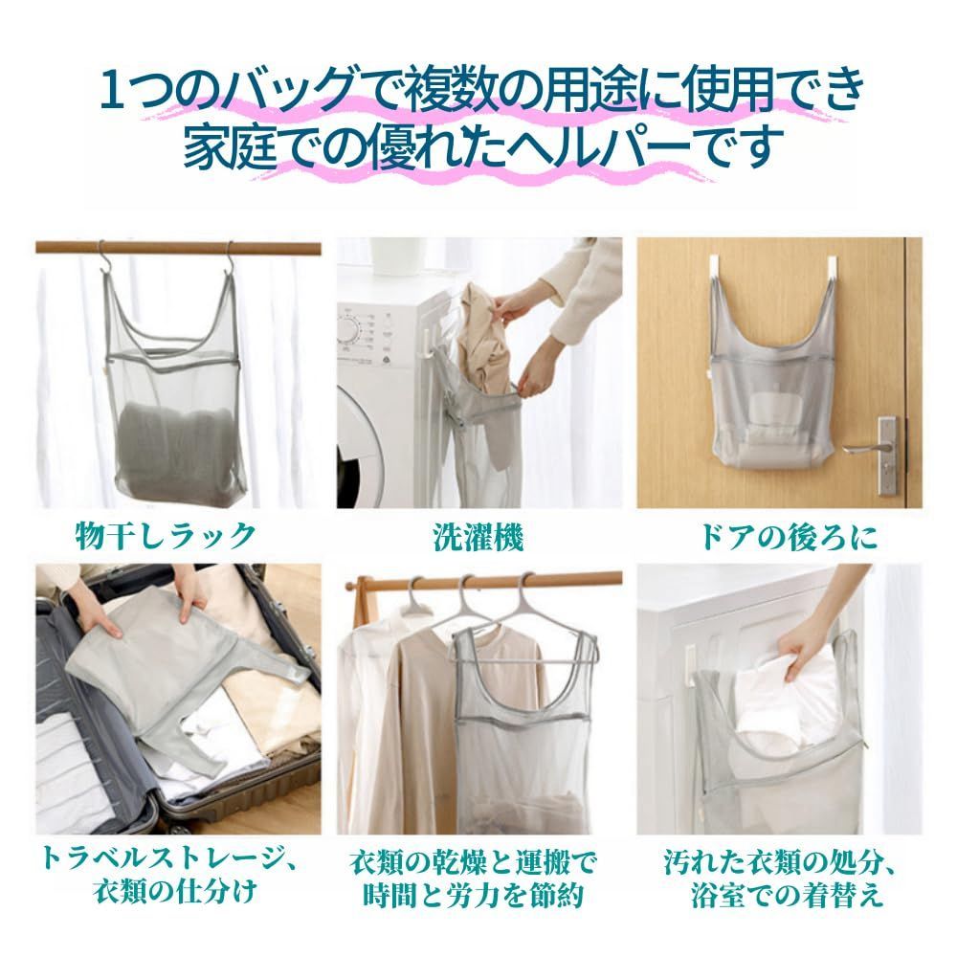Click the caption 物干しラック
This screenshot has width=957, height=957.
pyautogui.click(x=166, y=537)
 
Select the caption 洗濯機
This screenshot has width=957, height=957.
pyautogui.click(x=478, y=538)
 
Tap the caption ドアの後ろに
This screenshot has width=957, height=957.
pyautogui.click(x=788, y=537)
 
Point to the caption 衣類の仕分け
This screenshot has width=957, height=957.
pyautogui.click(x=176, y=892)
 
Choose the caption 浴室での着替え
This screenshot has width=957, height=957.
pyautogui.click(x=788, y=895)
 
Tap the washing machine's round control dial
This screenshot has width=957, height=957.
pyautogui.click(x=348, y=331)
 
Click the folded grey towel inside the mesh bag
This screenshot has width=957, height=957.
pyautogui.click(x=177, y=446)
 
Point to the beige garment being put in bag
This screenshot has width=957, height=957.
pyautogui.click(x=483, y=342)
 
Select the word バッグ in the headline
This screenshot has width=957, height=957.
pyautogui.click(x=288, y=91)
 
